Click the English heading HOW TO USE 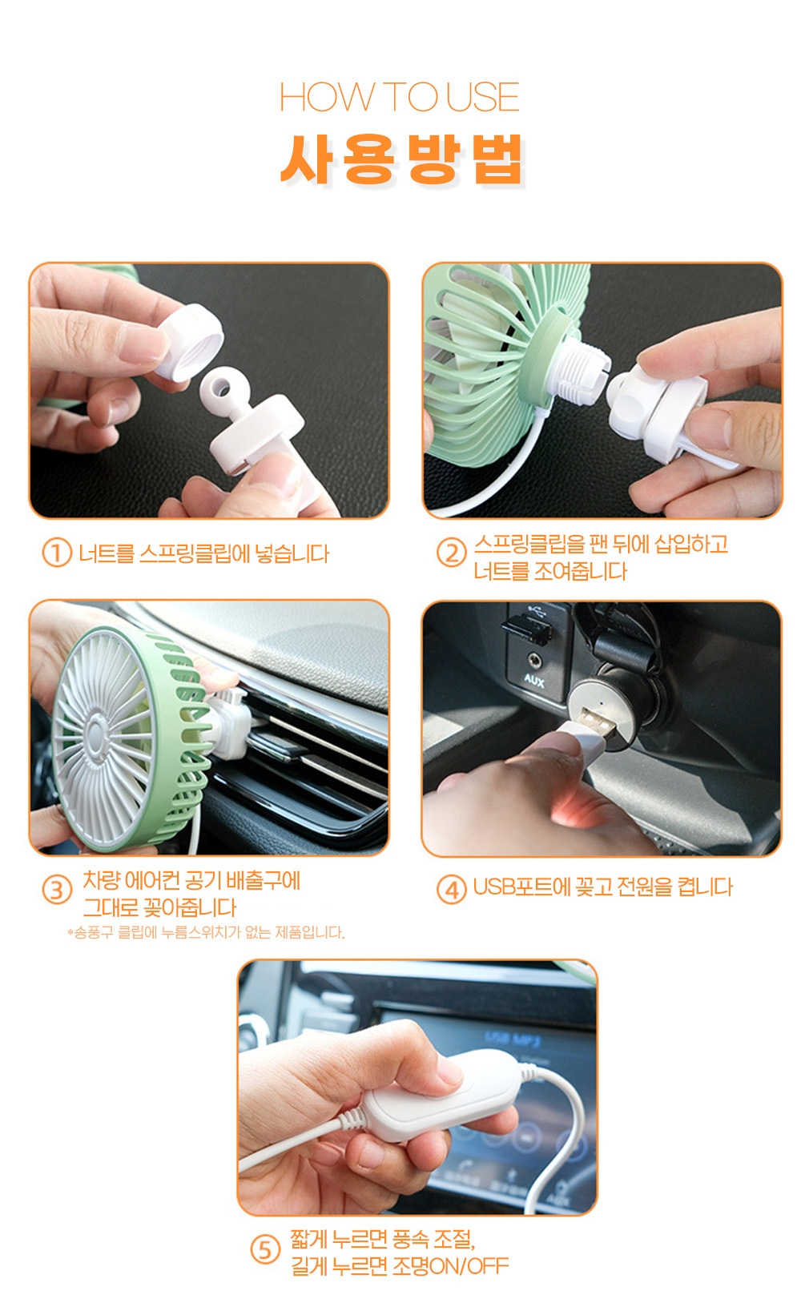coord(400,97)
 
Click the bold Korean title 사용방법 coord(401,159)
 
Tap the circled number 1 coord(57,553)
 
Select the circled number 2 coord(452,553)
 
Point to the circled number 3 coord(57,890)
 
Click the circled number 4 coord(452,890)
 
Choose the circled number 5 coord(265,1250)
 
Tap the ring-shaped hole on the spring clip coord(221,386)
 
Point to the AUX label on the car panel coord(533,681)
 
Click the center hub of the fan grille coord(95,734)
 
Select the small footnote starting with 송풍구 coord(206,932)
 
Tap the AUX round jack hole coord(533,661)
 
